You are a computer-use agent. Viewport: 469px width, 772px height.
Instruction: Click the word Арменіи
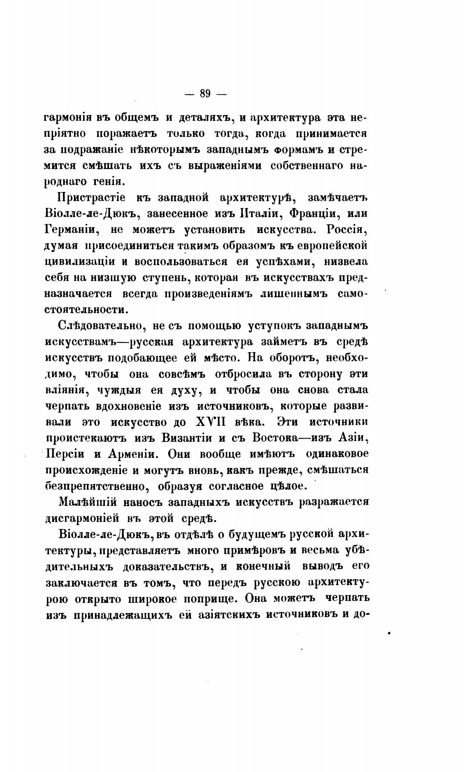click(125, 454)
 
